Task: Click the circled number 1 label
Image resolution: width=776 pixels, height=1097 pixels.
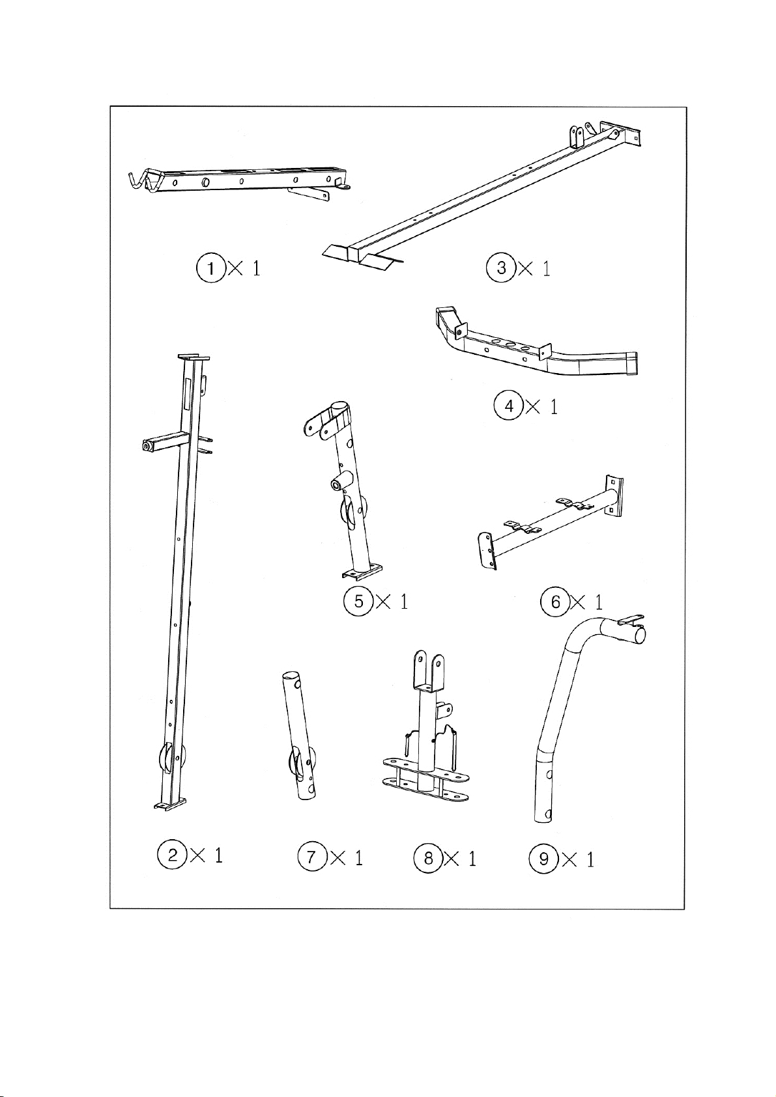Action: pyautogui.click(x=211, y=268)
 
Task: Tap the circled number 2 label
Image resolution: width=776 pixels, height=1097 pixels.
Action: pyautogui.click(x=172, y=855)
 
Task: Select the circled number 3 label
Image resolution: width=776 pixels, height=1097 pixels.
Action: pyautogui.click(x=501, y=268)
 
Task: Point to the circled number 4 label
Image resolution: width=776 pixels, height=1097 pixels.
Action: pyautogui.click(x=509, y=406)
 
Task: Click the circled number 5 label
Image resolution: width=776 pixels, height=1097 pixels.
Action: pyautogui.click(x=359, y=600)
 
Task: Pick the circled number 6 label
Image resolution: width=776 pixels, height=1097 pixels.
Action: pyautogui.click(x=555, y=602)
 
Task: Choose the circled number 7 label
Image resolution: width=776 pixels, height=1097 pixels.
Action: pyautogui.click(x=312, y=857)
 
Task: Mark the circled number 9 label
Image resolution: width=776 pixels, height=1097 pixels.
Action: pyautogui.click(x=543, y=859)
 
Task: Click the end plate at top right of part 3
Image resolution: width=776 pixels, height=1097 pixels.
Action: pyautogui.click(x=620, y=133)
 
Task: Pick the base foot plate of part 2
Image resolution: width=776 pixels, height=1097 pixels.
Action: pyautogui.click(x=169, y=803)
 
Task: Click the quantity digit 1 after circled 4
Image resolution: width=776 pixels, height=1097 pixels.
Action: pyautogui.click(x=554, y=406)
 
